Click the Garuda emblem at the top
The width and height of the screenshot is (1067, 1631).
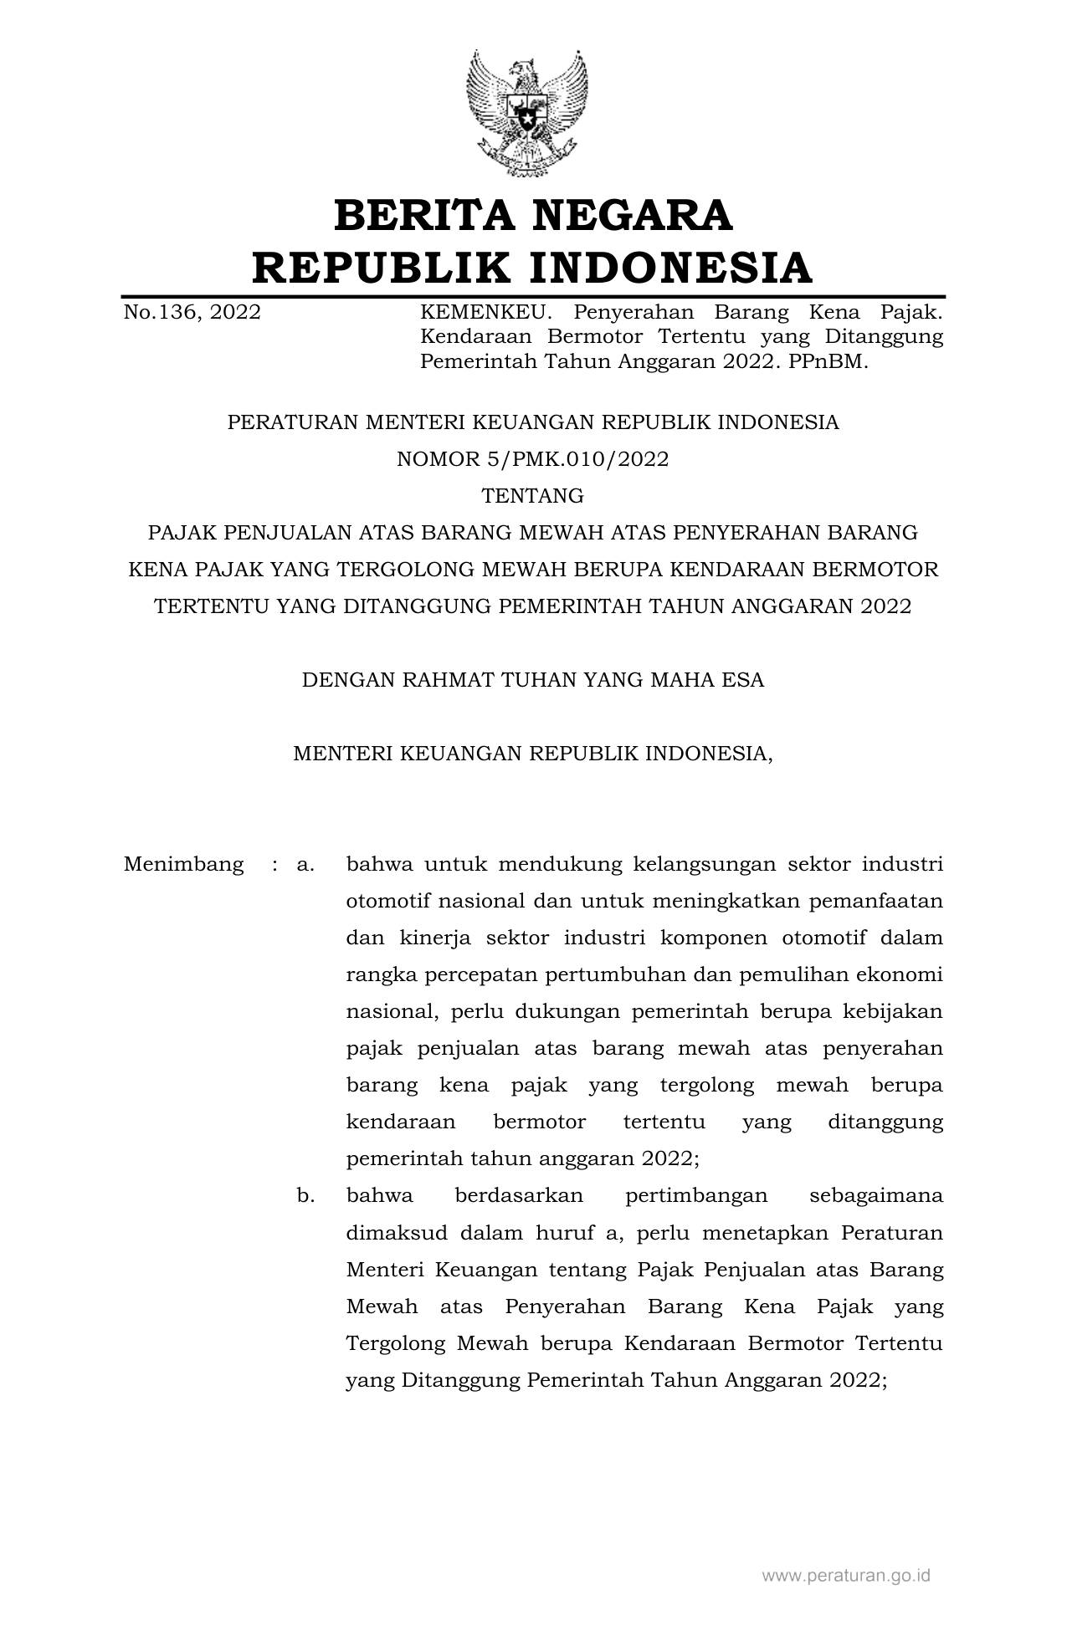pos(526,113)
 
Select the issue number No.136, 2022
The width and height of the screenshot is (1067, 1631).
pos(192,313)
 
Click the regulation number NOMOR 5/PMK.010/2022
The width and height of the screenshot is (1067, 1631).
pos(533,459)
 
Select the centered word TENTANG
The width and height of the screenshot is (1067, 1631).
pos(533,496)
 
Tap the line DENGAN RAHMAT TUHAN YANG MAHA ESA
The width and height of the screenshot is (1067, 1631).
pos(533,680)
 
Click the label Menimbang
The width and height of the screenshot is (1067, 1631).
pos(184,864)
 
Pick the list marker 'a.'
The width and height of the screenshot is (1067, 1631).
pos(305,864)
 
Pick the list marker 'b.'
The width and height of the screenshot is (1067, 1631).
pos(305,1196)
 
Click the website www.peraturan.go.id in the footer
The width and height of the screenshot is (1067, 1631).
pos(846,1577)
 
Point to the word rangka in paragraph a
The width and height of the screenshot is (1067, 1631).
pos(378,975)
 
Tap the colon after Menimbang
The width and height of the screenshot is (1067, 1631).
pos(274,864)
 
